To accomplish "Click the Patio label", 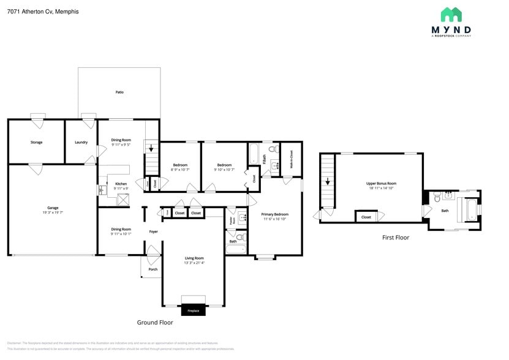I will pyautogui.click(x=119, y=92).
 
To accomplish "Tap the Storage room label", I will pyautogui.click(x=36, y=142).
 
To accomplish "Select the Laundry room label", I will pyautogui.click(x=81, y=142).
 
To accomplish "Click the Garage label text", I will pyautogui.click(x=53, y=208).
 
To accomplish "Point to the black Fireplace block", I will pyautogui.click(x=193, y=310).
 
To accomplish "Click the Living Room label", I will pyautogui.click(x=194, y=258).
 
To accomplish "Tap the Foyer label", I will pyautogui.click(x=154, y=231).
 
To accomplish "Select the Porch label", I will pyautogui.click(x=153, y=269).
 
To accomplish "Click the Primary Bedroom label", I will pyautogui.click(x=274, y=214).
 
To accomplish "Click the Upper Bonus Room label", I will pyautogui.click(x=381, y=184).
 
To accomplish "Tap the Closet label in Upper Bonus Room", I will pyautogui.click(x=366, y=217).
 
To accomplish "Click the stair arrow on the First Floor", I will pyautogui.click(x=328, y=181).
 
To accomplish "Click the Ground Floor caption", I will pyautogui.click(x=154, y=322).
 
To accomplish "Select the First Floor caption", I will pyautogui.click(x=395, y=238).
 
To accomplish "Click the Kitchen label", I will pyautogui.click(x=121, y=184).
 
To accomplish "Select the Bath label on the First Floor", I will pyautogui.click(x=445, y=211).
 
